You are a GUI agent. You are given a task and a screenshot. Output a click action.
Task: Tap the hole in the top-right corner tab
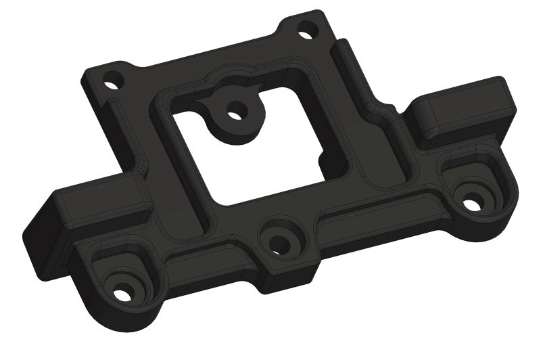click(306, 30)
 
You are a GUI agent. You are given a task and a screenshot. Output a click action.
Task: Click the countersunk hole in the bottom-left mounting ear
click(121, 294)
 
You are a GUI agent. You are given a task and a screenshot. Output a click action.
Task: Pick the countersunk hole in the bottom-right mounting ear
click(473, 200)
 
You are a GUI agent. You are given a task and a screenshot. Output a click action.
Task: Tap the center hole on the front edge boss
click(277, 244)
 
